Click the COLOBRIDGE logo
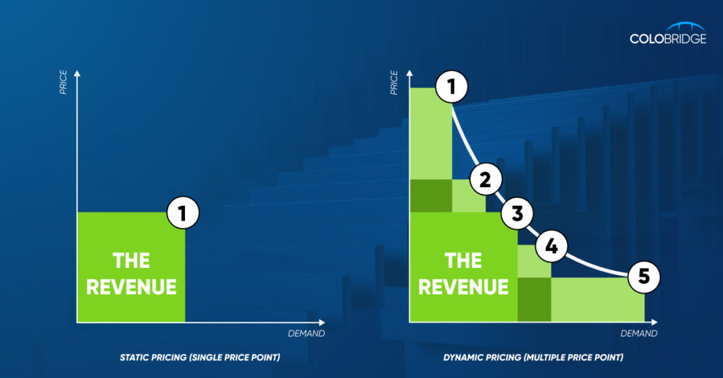[668, 33]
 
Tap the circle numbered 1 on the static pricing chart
[183, 213]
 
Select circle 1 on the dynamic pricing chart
[451, 87]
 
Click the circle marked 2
[486, 180]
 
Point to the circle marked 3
[518, 213]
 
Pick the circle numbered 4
[551, 246]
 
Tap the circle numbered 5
[644, 276]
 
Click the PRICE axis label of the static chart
[63, 83]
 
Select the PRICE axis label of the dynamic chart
[394, 83]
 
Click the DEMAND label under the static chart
[306, 334]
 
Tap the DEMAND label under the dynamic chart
[638, 334]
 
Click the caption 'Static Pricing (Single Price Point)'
[200, 358]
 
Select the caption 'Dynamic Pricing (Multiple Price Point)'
[533, 358]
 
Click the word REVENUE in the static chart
[131, 287]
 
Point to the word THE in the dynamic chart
[463, 261]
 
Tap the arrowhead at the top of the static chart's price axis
[77, 73]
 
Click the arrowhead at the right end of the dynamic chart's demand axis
[655, 322]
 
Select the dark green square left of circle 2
[431, 195]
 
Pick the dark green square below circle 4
[534, 299]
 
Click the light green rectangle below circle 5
[597, 299]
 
